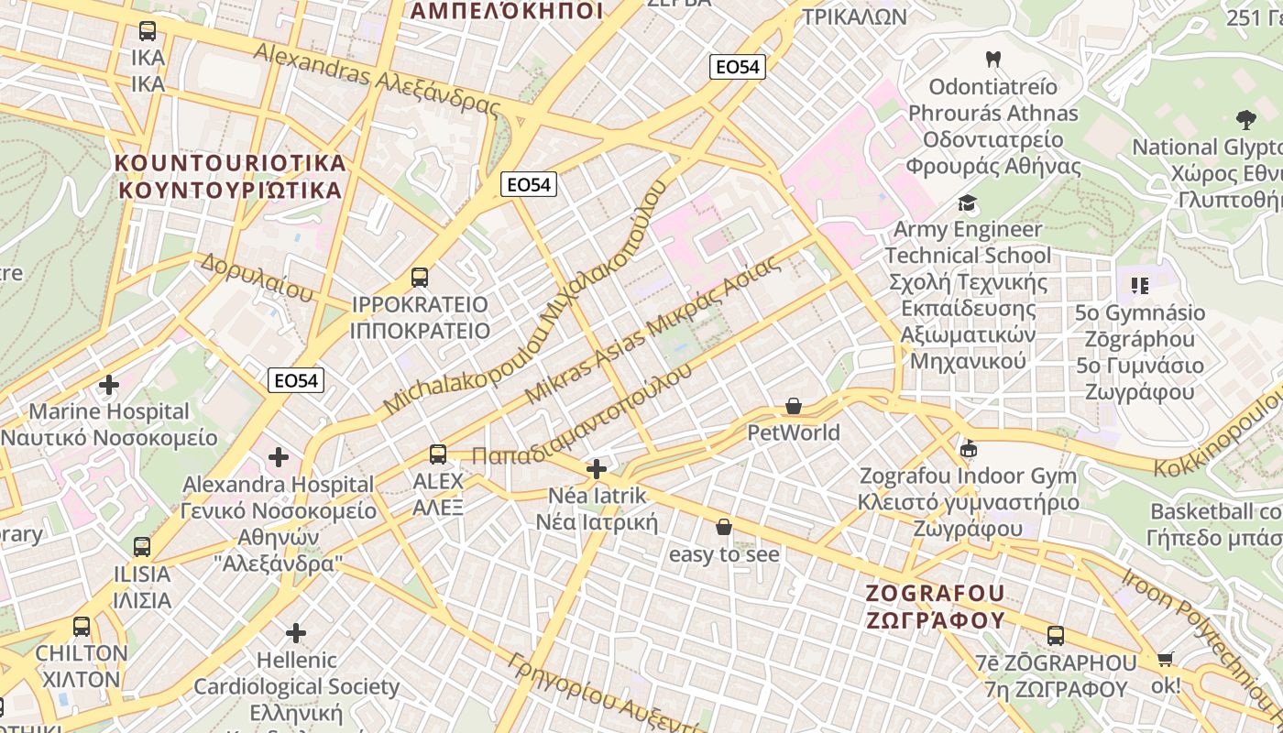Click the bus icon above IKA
click(148, 31)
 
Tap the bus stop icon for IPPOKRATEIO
click(420, 277)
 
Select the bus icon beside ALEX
click(438, 454)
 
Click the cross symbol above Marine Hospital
click(109, 385)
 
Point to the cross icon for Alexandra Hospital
click(279, 456)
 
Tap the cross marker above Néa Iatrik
click(597, 470)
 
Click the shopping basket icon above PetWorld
click(794, 405)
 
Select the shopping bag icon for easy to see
click(724, 527)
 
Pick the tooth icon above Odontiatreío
click(992, 60)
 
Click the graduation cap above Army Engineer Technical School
click(967, 202)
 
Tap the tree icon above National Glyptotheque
click(1245, 119)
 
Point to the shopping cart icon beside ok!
click(1166, 659)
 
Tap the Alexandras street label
click(377, 80)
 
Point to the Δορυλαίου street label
click(257, 277)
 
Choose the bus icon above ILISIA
click(141, 547)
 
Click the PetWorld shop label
click(794, 432)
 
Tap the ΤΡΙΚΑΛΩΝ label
click(854, 17)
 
